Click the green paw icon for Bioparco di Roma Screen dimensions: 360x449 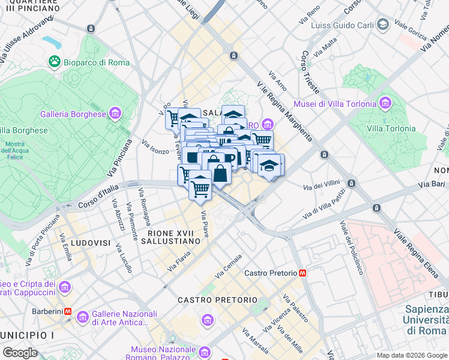point(55,62)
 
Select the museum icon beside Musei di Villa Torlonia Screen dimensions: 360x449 point(385,104)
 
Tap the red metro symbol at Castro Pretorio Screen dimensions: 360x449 point(302,273)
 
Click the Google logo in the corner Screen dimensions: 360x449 point(20,352)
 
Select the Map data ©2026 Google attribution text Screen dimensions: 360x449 point(412,355)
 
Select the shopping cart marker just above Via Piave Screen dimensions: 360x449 point(200,188)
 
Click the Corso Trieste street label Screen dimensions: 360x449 point(305,68)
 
